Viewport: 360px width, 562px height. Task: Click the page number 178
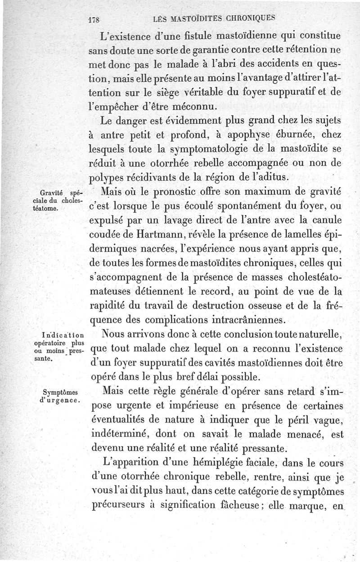pyautogui.click(x=94, y=20)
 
